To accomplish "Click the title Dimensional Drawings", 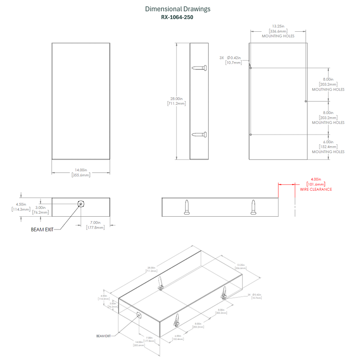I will tap(178, 9).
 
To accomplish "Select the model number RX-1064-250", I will tap(178, 17).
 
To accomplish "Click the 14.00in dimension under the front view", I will tap(81, 170).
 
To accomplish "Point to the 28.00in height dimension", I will tap(175, 98).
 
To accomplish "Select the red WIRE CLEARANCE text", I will tap(316, 189).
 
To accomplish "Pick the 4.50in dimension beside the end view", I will tap(21, 204).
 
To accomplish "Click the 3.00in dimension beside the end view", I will tap(41, 207).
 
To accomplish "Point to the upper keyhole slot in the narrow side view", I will tap(200, 67).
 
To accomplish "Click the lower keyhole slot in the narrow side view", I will tap(200, 135).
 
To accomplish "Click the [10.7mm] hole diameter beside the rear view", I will tap(233, 63).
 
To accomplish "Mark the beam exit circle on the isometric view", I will tap(139, 315).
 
